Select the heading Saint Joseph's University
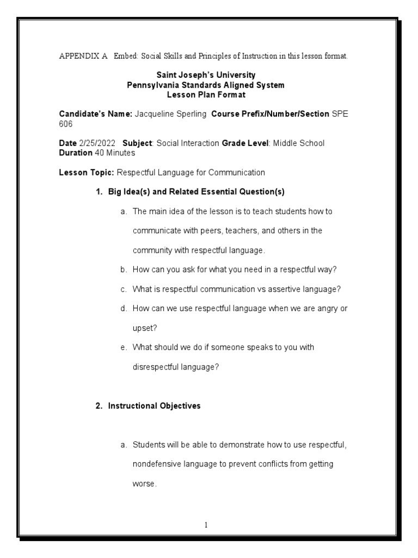205,75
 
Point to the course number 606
65,124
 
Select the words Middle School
298,143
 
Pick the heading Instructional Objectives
154,406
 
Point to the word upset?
144,328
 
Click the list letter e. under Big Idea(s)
124,347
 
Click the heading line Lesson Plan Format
206,94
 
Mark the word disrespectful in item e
158,367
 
